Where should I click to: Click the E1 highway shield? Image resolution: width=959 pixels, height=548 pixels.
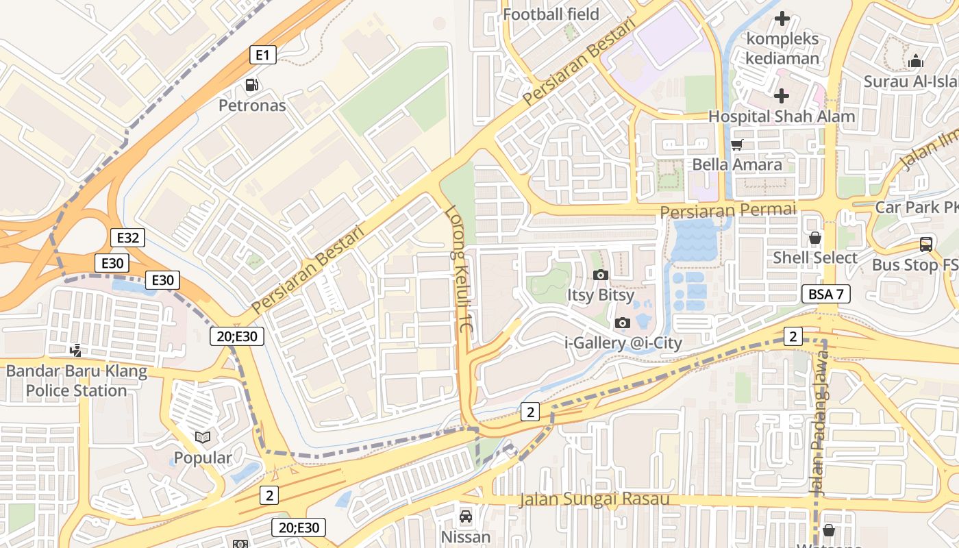click(263, 55)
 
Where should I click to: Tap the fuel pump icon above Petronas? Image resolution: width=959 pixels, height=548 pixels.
click(252, 86)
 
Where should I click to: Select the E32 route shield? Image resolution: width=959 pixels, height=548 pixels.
click(127, 238)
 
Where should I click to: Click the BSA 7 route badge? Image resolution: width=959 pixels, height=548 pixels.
click(826, 295)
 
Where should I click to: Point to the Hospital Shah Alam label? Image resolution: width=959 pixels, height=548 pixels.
click(782, 116)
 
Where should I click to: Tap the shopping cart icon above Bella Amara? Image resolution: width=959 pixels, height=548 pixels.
click(737, 145)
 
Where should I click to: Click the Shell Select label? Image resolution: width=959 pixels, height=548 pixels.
click(815, 258)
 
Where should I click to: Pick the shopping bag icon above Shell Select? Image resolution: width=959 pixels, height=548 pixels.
click(815, 238)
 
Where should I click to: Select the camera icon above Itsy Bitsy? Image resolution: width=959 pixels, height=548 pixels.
click(600, 275)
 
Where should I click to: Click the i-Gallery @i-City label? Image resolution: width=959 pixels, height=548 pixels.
click(623, 343)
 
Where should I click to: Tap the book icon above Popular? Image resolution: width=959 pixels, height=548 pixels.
click(203, 437)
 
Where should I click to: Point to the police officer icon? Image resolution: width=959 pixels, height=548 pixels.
click(76, 351)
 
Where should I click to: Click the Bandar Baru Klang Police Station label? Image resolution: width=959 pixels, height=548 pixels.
click(77, 382)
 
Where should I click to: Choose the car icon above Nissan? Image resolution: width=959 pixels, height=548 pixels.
click(466, 516)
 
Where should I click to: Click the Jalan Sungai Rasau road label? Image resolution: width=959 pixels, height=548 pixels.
click(593, 499)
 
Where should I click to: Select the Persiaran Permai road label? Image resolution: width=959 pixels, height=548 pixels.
click(729, 210)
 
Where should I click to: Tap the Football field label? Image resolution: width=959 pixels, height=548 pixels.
click(551, 14)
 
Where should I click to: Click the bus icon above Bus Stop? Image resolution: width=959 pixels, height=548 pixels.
click(926, 245)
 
